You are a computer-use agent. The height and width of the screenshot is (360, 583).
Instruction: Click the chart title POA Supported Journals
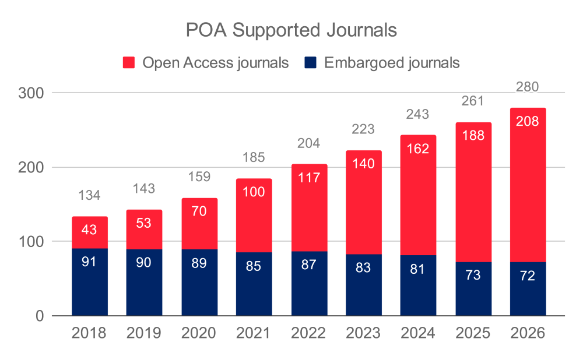tap(291, 30)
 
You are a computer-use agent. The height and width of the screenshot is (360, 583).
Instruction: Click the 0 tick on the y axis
tap(39, 316)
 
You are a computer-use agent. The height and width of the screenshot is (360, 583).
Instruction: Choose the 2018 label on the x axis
tap(90, 334)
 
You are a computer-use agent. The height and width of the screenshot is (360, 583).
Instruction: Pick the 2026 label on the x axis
tap(528, 334)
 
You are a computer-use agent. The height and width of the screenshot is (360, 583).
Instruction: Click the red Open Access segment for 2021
tap(254, 216)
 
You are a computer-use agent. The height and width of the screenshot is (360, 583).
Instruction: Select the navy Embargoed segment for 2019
tap(144, 283)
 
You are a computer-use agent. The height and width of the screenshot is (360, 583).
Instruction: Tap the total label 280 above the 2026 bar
tap(528, 87)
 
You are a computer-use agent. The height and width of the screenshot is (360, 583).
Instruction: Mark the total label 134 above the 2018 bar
tap(90, 196)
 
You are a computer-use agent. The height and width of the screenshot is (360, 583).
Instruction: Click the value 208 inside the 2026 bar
tap(528, 122)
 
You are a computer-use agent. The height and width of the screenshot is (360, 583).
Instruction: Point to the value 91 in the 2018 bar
tap(90, 262)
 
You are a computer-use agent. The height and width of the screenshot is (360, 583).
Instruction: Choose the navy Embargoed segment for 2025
tap(473, 289)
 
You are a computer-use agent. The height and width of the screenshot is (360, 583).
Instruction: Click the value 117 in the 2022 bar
tap(309, 178)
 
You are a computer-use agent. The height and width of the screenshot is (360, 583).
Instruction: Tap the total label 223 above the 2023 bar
tap(364, 129)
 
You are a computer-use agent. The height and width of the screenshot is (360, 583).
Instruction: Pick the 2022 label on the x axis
tap(309, 334)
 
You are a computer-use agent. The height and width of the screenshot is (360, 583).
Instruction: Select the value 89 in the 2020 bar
tap(199, 263)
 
